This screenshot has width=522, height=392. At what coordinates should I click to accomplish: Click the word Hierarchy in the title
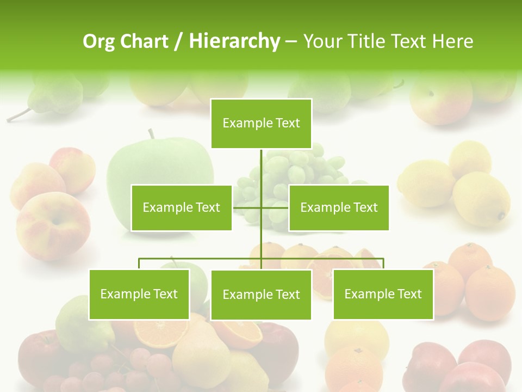pos(234,41)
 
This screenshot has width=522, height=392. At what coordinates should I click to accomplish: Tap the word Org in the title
pos(99,41)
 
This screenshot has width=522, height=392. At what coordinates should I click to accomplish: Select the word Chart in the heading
pos(144,41)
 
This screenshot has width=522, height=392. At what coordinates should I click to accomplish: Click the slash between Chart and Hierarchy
pos(178,41)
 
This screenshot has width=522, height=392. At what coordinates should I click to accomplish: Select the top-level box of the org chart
pos(261,124)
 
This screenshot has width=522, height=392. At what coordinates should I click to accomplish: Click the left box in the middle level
pos(182,207)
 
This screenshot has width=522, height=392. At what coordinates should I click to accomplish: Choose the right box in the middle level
pos(339,207)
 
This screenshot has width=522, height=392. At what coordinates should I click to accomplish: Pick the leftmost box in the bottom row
pos(139,294)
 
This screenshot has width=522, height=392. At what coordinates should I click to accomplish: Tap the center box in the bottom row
pos(261,295)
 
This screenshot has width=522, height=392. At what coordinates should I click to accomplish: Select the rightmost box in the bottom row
pos(383,294)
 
